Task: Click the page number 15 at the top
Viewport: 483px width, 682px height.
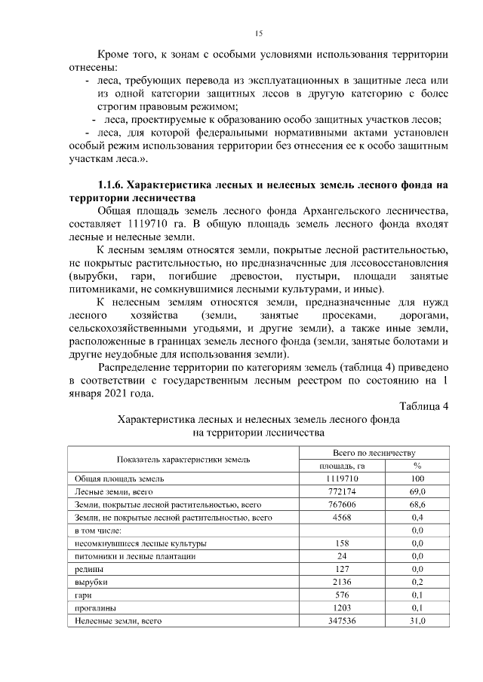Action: pos(258,34)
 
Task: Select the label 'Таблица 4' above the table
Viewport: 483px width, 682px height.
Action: pos(423,407)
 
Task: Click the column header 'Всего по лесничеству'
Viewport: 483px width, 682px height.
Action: pos(375,452)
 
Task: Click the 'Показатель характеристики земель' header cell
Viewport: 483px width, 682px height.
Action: pos(183,459)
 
